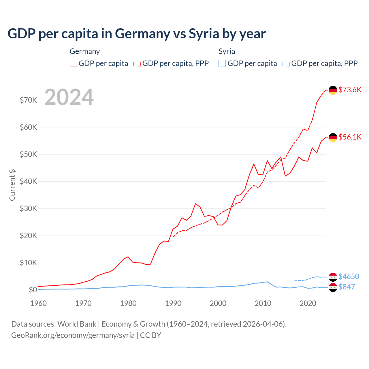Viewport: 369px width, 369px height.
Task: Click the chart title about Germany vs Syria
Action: click(136, 34)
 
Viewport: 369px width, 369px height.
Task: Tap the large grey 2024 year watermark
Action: click(69, 97)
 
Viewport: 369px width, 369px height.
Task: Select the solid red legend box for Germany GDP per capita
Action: click(74, 63)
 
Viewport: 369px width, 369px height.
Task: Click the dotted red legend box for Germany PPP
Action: click(137, 63)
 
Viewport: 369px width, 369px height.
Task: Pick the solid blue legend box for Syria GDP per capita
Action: click(222, 63)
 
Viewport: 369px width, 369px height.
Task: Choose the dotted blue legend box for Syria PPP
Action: click(286, 63)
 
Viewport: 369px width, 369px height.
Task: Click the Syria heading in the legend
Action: click(227, 51)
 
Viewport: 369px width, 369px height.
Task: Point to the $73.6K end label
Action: click(350, 90)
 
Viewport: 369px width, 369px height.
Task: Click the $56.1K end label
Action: click(350, 137)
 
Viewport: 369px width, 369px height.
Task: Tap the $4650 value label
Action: click(349, 276)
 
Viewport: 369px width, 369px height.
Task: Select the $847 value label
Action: click(347, 287)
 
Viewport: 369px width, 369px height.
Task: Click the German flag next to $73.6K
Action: click(333, 90)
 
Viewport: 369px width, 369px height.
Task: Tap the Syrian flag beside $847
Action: click(333, 287)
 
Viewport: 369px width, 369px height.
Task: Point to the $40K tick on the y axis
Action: click(28, 181)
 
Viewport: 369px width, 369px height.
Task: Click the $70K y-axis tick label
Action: click(28, 100)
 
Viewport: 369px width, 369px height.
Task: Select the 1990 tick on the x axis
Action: click(173, 303)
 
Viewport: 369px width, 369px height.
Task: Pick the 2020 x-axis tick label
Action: click(308, 303)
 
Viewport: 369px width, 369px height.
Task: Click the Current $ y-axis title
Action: click(12, 185)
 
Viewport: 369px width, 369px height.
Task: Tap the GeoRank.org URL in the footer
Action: click(73, 335)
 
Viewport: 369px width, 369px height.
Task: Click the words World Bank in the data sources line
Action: click(77, 324)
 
